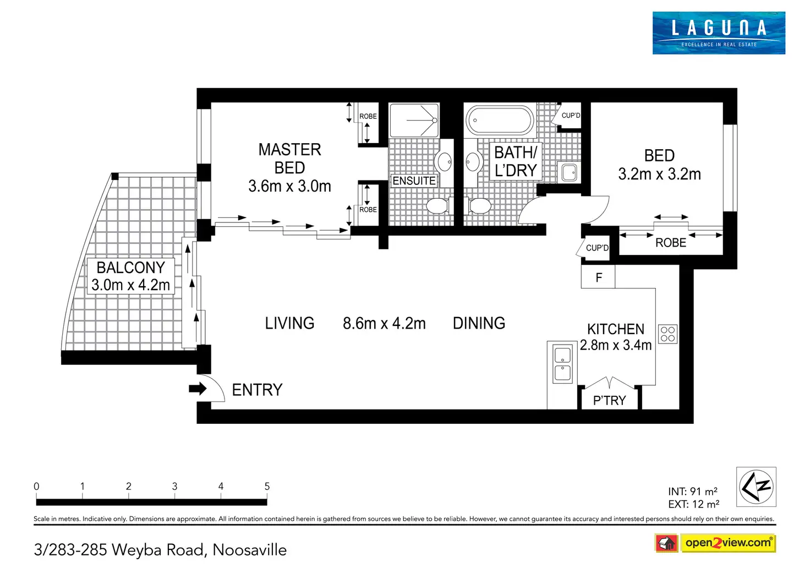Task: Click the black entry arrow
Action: [x=198, y=389]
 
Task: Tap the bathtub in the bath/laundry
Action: [x=500, y=120]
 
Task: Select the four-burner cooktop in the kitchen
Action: [x=667, y=334]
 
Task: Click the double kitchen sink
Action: [x=562, y=363]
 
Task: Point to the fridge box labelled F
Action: [x=598, y=277]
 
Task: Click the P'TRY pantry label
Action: [x=609, y=401]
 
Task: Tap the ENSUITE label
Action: [x=414, y=181]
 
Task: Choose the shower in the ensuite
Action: [x=414, y=120]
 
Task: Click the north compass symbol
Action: [x=756, y=487]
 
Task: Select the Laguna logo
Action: [x=719, y=33]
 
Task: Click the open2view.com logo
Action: [x=728, y=543]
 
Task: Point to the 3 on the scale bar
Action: [x=174, y=487]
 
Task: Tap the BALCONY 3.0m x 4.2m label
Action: [x=130, y=276]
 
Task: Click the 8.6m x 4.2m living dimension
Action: [x=384, y=324]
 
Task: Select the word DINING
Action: [x=479, y=323]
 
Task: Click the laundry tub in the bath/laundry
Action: [x=569, y=172]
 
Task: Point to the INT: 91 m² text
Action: [x=692, y=491]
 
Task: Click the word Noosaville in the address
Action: [x=249, y=550]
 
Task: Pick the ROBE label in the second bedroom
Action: [x=671, y=243]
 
